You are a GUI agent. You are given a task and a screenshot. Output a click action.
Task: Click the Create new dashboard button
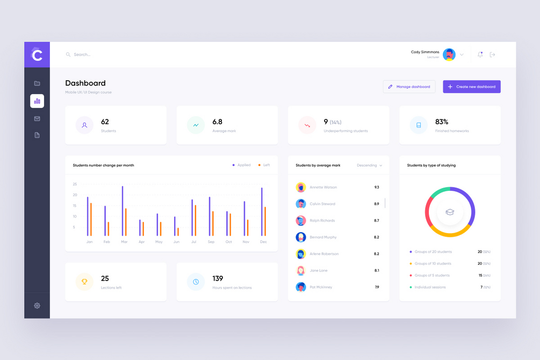click(x=471, y=87)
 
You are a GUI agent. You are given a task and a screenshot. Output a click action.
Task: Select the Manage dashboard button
click(x=409, y=87)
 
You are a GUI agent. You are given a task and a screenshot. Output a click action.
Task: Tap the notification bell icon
click(x=480, y=54)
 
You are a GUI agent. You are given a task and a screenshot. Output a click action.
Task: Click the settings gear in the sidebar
click(x=37, y=305)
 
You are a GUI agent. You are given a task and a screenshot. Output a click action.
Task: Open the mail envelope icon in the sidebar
click(x=37, y=119)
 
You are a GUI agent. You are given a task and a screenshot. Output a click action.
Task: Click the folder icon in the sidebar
click(x=37, y=83)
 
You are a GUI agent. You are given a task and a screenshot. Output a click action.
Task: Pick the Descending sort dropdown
click(x=370, y=165)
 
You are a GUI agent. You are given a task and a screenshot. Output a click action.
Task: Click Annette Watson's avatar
click(x=301, y=188)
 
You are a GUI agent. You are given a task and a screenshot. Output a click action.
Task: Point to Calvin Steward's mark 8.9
click(x=377, y=204)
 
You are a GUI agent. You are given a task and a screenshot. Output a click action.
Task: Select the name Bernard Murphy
click(x=323, y=237)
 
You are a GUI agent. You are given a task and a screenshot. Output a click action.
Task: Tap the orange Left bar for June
click(x=178, y=232)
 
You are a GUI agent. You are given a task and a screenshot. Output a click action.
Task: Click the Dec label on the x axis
click(x=263, y=242)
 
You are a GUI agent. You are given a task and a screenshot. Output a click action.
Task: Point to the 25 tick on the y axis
click(x=75, y=184)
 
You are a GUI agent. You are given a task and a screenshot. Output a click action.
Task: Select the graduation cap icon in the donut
click(x=450, y=212)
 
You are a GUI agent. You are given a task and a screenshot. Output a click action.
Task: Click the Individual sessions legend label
click(x=430, y=287)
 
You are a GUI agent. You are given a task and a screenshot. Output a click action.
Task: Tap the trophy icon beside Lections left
click(x=84, y=282)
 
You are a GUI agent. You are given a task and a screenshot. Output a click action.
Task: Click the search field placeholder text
click(x=82, y=55)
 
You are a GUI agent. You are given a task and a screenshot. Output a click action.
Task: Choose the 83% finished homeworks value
click(x=442, y=122)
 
